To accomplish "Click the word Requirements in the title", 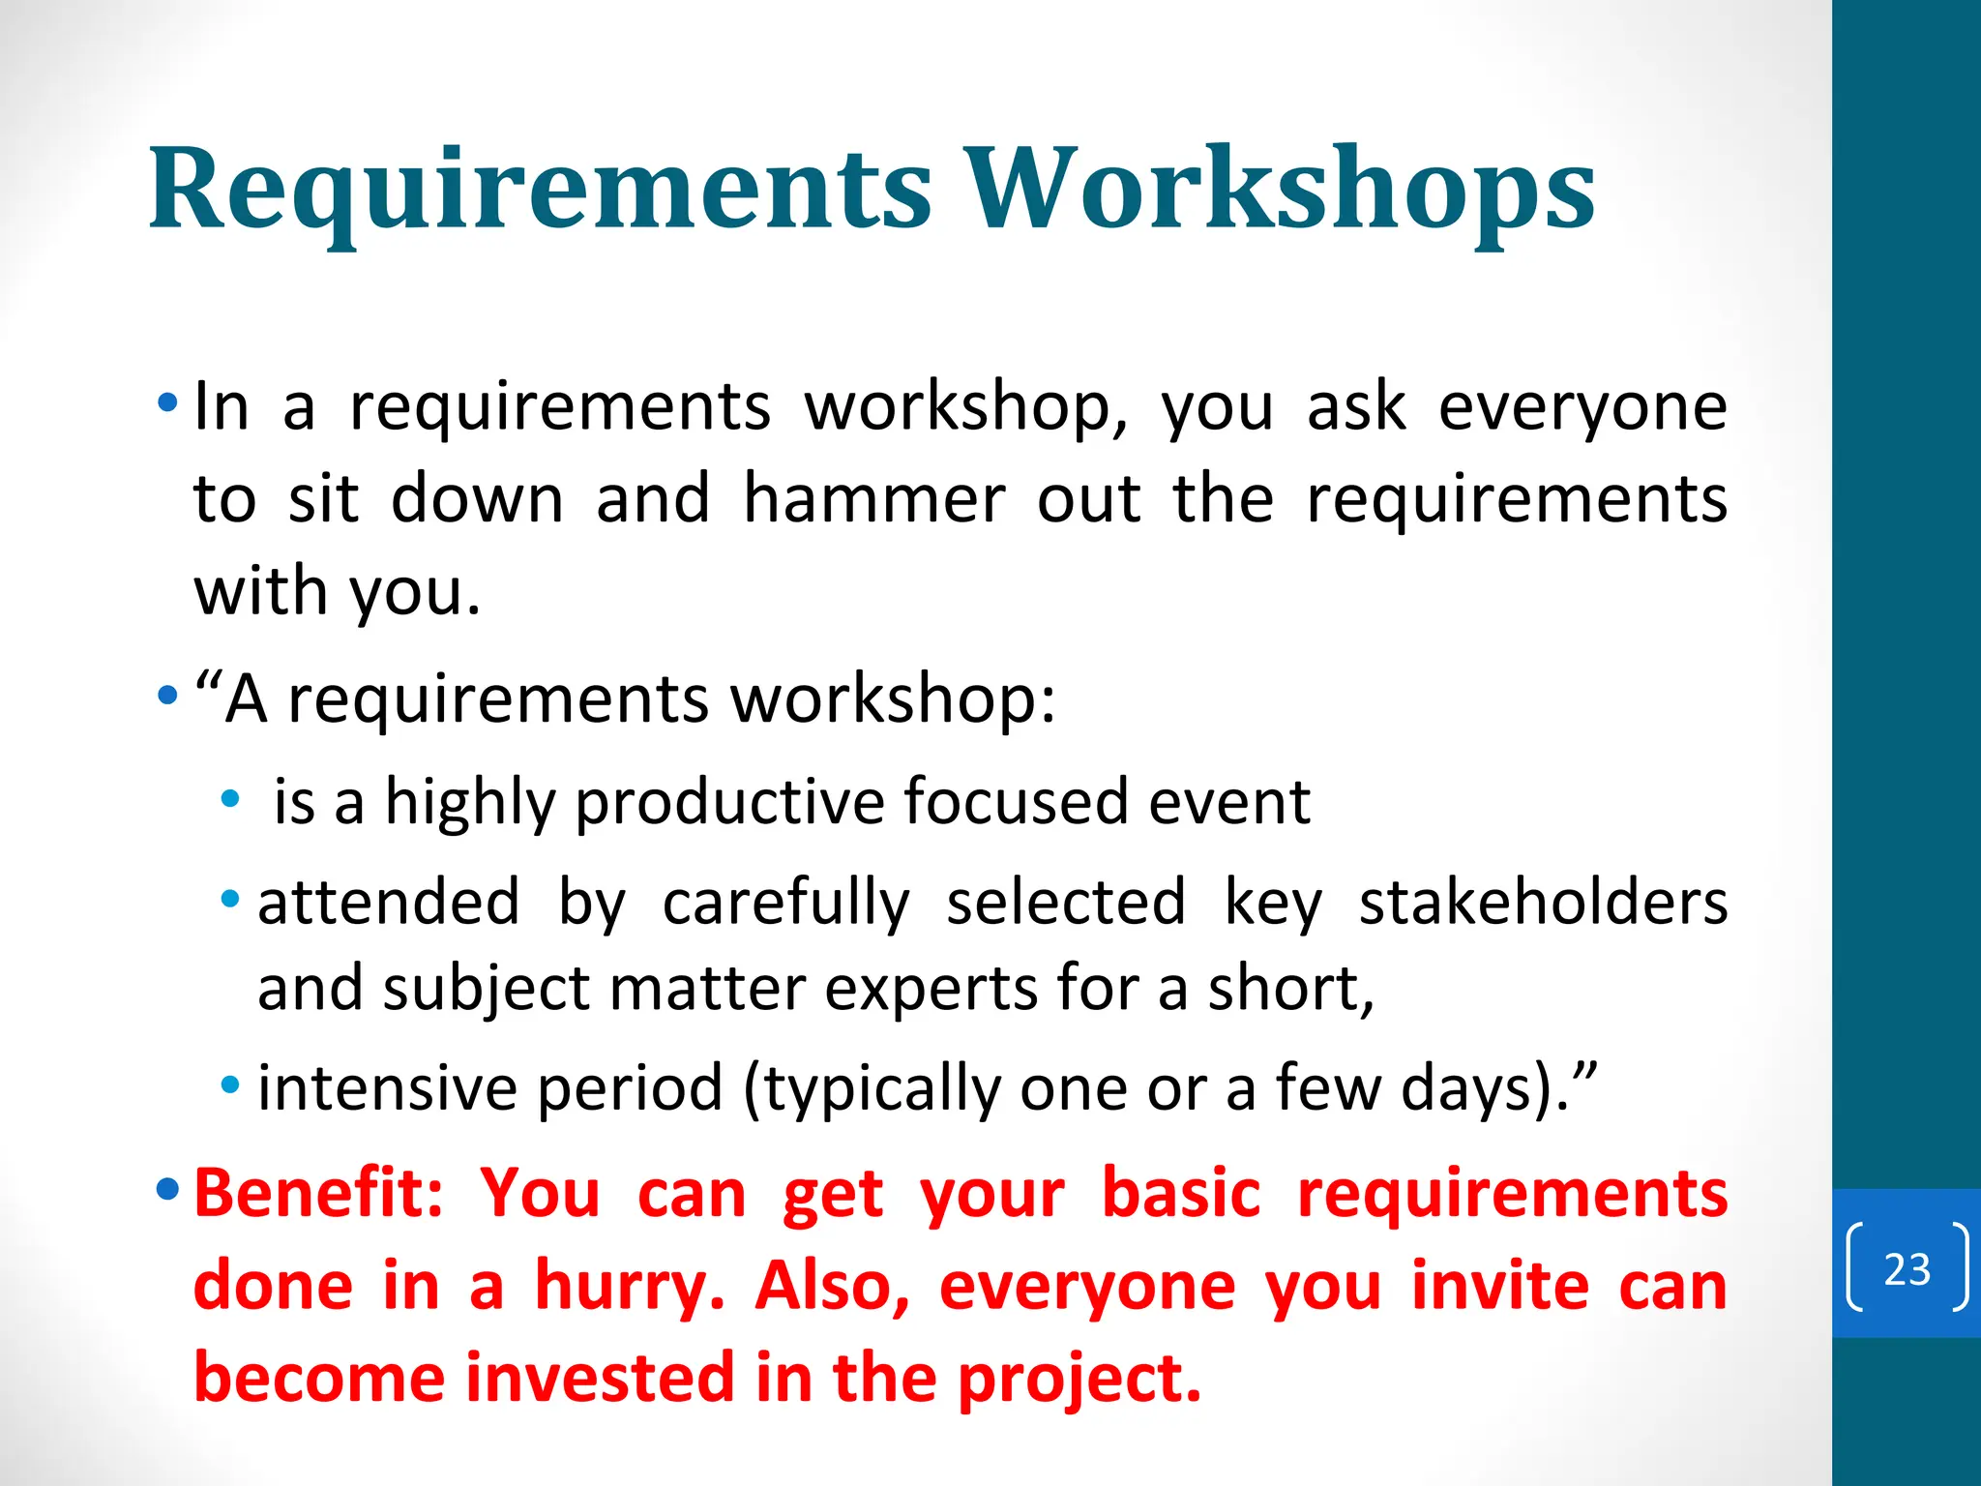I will pyautogui.click(x=540, y=189).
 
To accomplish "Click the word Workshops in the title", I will pyautogui.click(x=1281, y=189).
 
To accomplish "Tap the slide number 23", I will pyautogui.click(x=1907, y=1268).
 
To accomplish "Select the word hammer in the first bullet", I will pyautogui.click(x=874, y=499).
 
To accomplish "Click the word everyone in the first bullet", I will pyautogui.click(x=1582, y=406).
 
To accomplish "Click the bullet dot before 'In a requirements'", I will pyautogui.click(x=167, y=401).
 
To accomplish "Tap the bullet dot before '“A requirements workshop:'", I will pyautogui.click(x=167, y=695).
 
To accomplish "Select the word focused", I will pyautogui.click(x=1016, y=801).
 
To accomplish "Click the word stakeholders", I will pyautogui.click(x=1543, y=902).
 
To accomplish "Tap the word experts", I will pyautogui.click(x=931, y=990).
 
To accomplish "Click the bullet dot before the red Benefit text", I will pyautogui.click(x=167, y=1187).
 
